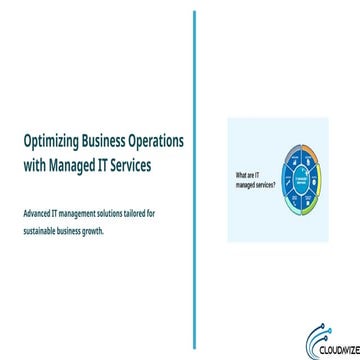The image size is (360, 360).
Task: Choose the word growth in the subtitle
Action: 93,230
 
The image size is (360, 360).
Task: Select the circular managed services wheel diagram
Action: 300,180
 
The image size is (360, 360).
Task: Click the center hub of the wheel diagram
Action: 300,180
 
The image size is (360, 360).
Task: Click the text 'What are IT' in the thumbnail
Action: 246,176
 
